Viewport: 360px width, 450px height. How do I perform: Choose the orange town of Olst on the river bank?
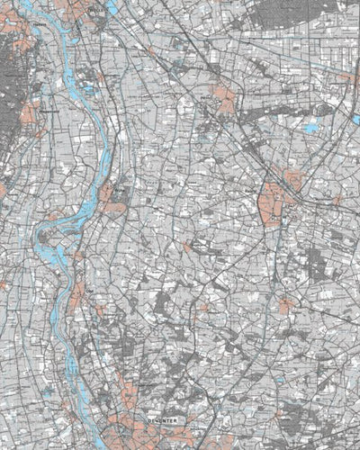tap(79, 294)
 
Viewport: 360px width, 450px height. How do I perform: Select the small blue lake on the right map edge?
tap(346, 78)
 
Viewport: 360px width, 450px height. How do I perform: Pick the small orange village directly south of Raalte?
tap(286, 306)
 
